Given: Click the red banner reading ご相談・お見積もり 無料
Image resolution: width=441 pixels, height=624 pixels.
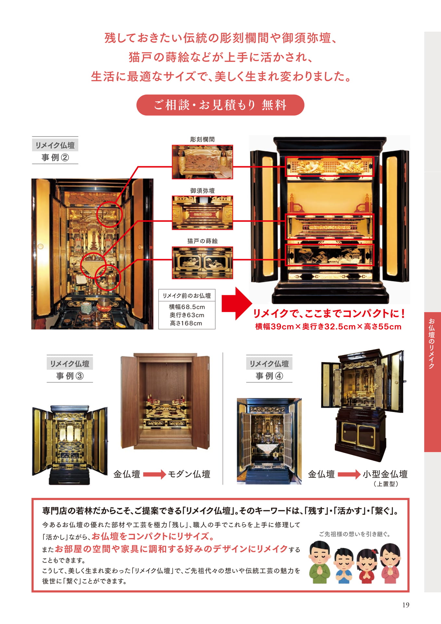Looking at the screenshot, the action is pyautogui.click(x=220, y=105).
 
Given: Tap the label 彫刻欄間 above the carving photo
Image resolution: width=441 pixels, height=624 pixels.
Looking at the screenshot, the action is pyautogui.click(x=202, y=139).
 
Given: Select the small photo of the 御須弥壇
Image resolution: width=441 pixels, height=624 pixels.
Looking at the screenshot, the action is pyautogui.click(x=202, y=213).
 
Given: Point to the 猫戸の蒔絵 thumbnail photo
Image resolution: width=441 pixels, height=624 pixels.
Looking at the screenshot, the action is pyautogui.click(x=202, y=263).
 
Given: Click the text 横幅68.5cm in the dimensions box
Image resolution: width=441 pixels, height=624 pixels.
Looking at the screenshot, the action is pyautogui.click(x=187, y=307).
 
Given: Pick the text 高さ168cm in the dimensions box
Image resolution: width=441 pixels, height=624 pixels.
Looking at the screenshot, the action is pyautogui.click(x=186, y=323).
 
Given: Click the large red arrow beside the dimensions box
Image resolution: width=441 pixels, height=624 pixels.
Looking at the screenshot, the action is pyautogui.click(x=236, y=304).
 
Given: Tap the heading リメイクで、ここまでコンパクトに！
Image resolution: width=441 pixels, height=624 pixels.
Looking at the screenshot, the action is pyautogui.click(x=329, y=313).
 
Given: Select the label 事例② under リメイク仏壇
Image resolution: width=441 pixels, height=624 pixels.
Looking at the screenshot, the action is pyautogui.click(x=55, y=158).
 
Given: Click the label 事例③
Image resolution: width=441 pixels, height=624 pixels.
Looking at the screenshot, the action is pyautogui.click(x=70, y=376).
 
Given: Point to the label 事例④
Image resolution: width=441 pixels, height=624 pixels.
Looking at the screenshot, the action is pyautogui.click(x=269, y=376).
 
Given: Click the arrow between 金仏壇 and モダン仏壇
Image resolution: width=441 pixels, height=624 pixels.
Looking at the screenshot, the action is pyautogui.click(x=155, y=474).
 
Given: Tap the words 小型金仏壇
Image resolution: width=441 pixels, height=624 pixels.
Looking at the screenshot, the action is pyautogui.click(x=385, y=474).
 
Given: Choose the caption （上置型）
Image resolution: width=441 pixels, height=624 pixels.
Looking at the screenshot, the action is pyautogui.click(x=386, y=484).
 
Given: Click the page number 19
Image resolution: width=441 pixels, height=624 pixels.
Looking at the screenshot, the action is pyautogui.click(x=406, y=605).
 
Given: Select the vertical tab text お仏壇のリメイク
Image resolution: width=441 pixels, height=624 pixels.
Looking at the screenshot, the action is pyautogui.click(x=432, y=344).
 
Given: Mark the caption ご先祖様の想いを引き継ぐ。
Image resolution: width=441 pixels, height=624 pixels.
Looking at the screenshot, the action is pyautogui.click(x=355, y=534).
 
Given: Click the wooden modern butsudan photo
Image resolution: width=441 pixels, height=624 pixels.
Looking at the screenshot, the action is pyautogui.click(x=165, y=401).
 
